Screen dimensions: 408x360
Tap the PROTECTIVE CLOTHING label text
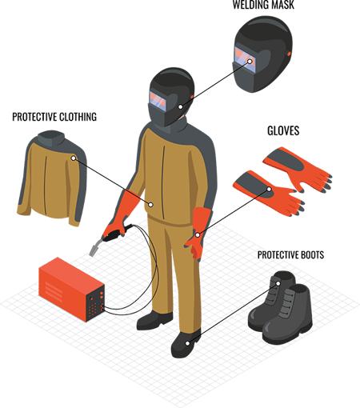pos(54,117)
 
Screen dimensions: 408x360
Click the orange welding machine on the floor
pos(73,286)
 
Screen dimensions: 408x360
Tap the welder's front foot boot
pos(185,343)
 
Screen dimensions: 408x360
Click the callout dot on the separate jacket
pos(73,158)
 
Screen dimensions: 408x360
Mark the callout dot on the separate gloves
pos(269,190)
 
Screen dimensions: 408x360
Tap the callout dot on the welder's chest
pos(150,204)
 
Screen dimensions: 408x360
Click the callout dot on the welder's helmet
pos(181,105)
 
